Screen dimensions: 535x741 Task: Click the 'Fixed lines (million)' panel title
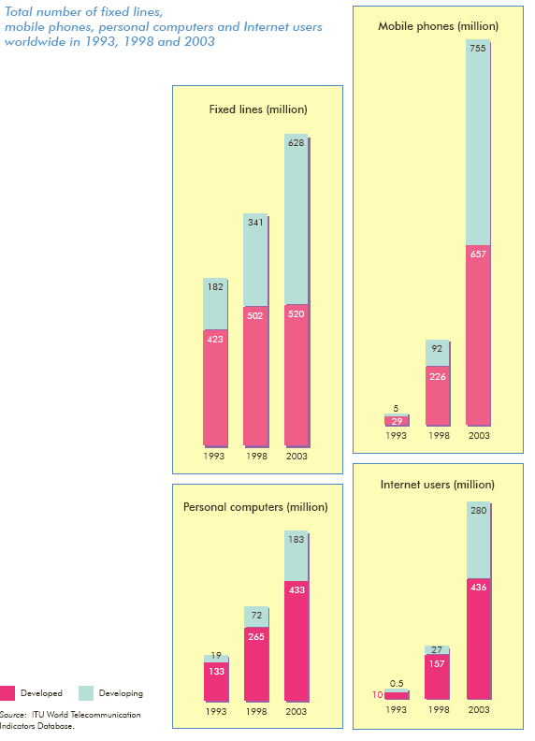coord(258,109)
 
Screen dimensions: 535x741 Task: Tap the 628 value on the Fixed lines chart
coord(296,143)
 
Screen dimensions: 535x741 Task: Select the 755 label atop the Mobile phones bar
coord(478,48)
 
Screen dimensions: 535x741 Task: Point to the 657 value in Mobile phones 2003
coord(478,254)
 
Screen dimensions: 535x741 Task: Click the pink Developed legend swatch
coord(7,693)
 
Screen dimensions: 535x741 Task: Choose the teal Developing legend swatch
coord(85,693)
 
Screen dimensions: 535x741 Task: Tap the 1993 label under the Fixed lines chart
coord(214,456)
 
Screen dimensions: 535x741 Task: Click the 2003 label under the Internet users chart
coord(479,709)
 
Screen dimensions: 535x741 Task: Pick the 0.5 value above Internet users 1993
coord(397,683)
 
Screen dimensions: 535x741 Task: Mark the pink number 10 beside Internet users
coord(378,694)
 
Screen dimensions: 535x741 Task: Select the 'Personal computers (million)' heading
coord(255,507)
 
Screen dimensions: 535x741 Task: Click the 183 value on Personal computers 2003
coord(296,539)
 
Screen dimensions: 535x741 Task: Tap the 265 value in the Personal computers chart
coord(256,636)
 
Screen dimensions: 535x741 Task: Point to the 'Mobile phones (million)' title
coord(438,26)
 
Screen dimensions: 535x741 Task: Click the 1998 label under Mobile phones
coord(439,435)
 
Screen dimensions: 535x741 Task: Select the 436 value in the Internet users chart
coord(478,587)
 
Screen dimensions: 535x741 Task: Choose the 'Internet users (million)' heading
coord(438,485)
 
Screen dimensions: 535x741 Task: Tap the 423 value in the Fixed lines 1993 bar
coord(215,340)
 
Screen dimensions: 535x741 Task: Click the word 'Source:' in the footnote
coord(13,715)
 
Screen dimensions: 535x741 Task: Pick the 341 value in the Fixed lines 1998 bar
coord(255,222)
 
